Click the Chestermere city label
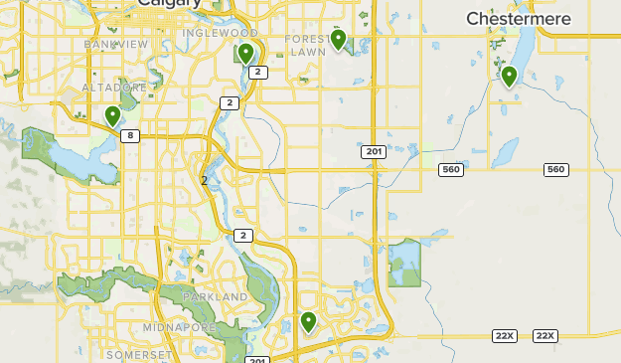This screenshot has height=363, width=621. click(x=517, y=19)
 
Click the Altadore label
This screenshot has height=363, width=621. click(x=114, y=88)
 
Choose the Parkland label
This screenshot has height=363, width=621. click(x=216, y=296)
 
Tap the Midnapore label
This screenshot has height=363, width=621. click(x=180, y=327)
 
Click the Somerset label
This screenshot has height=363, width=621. click(x=140, y=354)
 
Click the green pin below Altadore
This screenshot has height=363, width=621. click(x=113, y=116)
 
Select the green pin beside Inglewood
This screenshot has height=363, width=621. click(x=245, y=54)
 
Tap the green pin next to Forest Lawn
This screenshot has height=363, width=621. click(x=338, y=40)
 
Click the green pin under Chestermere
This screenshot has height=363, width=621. click(x=509, y=76)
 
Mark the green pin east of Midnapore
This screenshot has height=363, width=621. click(x=308, y=322)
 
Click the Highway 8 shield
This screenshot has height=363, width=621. click(x=129, y=136)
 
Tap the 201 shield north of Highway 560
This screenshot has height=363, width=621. click(x=373, y=151)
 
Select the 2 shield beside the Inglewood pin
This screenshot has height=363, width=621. click(x=257, y=72)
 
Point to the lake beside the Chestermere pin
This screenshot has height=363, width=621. click(x=523, y=50)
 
